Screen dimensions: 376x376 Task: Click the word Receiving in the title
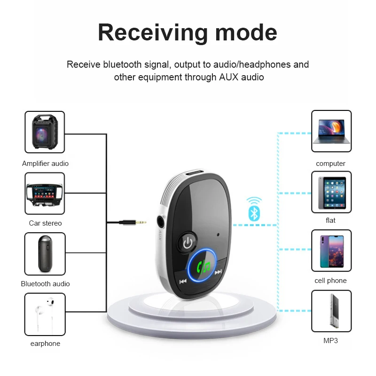[x=152, y=32]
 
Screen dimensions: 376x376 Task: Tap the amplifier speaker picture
[x=45, y=132]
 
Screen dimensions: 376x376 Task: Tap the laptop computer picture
[x=331, y=131]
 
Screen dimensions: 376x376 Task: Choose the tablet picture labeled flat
[x=331, y=192]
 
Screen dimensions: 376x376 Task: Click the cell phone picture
[x=331, y=251]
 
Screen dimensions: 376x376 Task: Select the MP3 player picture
[x=331, y=311]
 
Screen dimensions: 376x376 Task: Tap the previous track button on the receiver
[x=183, y=282]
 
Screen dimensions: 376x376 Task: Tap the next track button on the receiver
[x=218, y=272]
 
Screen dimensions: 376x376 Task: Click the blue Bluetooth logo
[x=254, y=214]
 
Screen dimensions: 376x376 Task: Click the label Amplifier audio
[x=45, y=164]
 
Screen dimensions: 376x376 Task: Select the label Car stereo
[x=45, y=223]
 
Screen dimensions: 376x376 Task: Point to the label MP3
[x=331, y=341]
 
